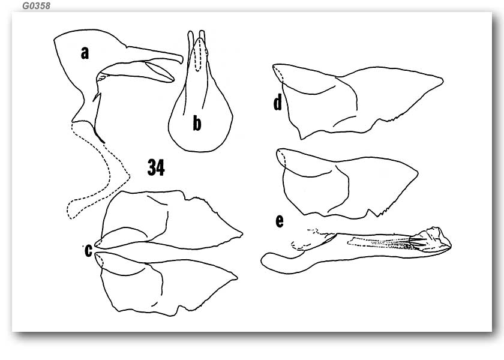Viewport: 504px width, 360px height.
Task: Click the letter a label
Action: (x=85, y=53)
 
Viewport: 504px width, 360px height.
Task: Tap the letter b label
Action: (x=197, y=123)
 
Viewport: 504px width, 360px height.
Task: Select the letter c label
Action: (x=88, y=250)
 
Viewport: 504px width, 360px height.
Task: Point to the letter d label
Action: (x=278, y=102)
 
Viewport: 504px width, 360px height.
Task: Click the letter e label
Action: (x=280, y=221)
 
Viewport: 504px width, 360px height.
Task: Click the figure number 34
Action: (x=156, y=167)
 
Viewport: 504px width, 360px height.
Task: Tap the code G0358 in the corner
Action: (x=37, y=6)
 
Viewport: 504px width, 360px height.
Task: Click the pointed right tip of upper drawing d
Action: (x=443, y=80)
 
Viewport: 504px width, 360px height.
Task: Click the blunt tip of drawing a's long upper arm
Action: (x=182, y=59)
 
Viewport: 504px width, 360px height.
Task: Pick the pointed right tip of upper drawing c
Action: (x=241, y=233)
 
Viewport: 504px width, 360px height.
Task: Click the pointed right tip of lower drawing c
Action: (x=236, y=277)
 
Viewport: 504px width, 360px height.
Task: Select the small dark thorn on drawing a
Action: (x=97, y=97)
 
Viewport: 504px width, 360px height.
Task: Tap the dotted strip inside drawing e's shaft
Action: (x=379, y=242)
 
